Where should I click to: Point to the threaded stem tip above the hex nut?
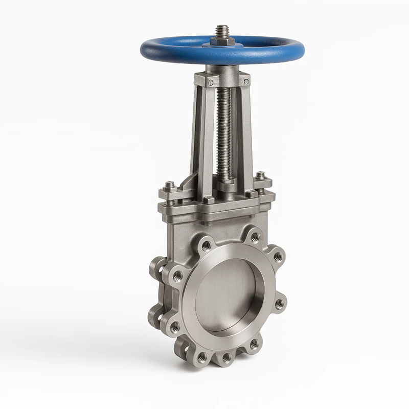click(x=222, y=29)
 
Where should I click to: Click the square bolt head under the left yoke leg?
click(x=208, y=200)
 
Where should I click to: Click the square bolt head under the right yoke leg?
click(x=252, y=194)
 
